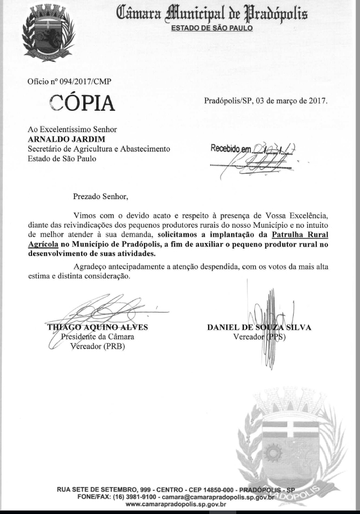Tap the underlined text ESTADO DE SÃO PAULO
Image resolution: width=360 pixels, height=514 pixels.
[x=211, y=28]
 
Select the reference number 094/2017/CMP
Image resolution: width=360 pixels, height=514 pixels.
[x=85, y=82]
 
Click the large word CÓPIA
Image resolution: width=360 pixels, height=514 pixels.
[x=82, y=103]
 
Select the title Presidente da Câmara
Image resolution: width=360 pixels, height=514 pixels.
[x=97, y=337]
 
